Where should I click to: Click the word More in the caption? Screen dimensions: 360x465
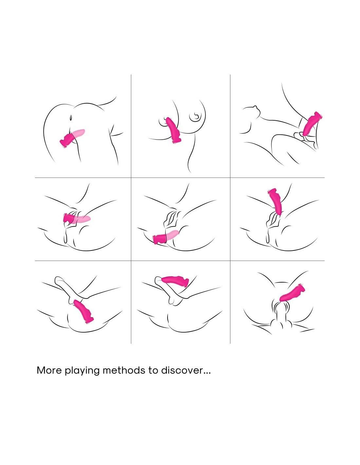click(49, 370)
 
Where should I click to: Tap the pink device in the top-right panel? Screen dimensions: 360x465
click(312, 124)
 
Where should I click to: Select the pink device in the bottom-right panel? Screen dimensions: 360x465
click(292, 293)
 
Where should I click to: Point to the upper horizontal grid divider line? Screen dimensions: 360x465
click(180, 178)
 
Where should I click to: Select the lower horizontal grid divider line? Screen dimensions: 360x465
click(180, 261)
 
